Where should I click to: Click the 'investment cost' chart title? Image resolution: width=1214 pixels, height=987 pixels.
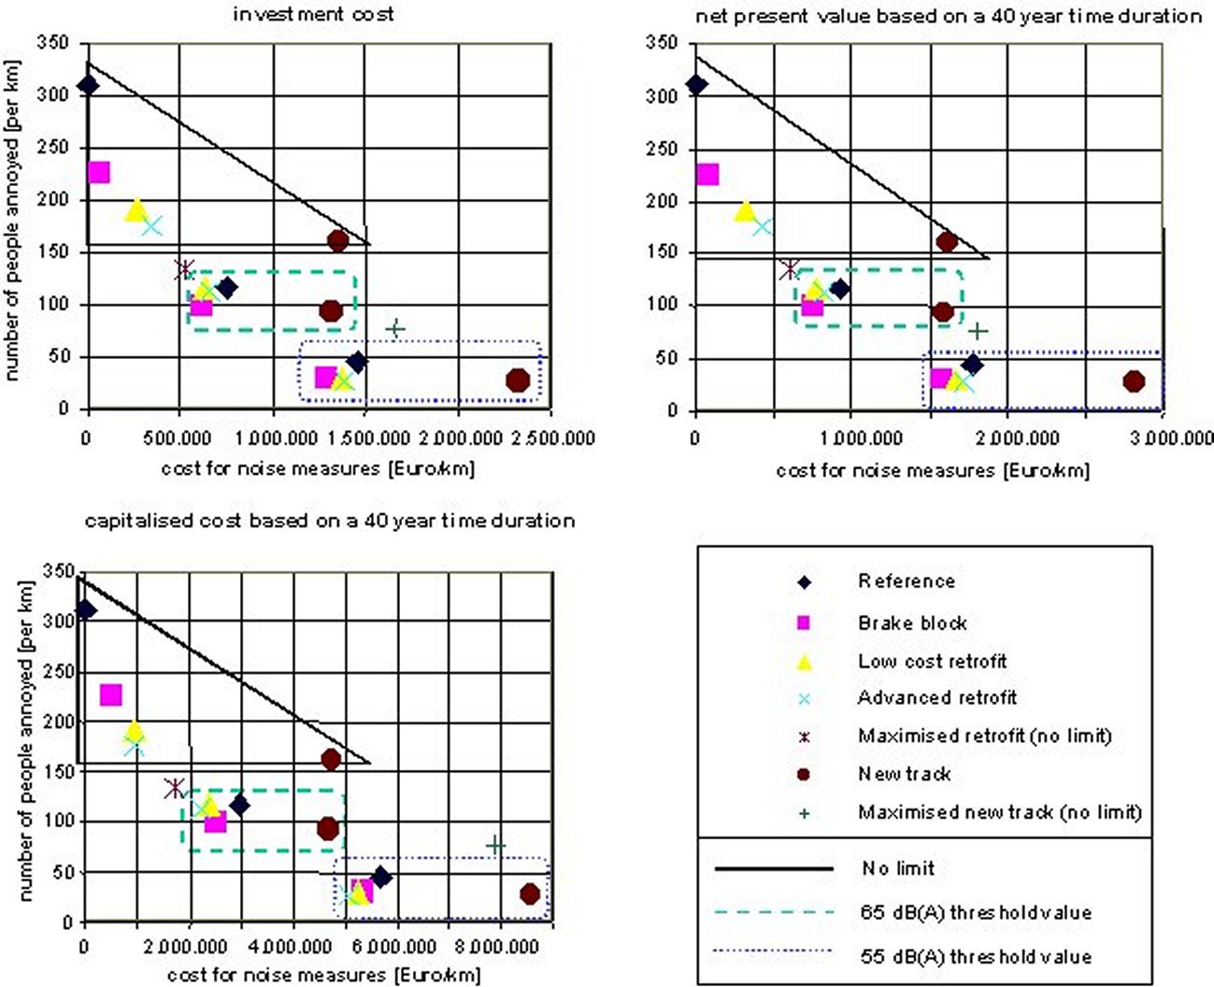(x=314, y=14)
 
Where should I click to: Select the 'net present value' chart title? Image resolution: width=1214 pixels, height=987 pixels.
(x=948, y=16)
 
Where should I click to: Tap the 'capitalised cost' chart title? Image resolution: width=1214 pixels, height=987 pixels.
(x=330, y=521)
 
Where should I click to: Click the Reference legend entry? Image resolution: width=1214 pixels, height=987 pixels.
(x=906, y=581)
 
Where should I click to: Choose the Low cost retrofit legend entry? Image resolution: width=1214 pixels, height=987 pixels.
(x=932, y=662)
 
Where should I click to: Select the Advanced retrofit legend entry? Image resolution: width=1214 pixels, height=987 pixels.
(x=936, y=697)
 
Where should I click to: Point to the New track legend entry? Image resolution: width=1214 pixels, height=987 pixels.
(x=904, y=774)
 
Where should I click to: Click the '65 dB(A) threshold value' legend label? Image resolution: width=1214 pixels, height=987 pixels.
(x=975, y=912)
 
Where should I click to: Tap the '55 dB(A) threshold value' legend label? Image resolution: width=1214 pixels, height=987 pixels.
(x=975, y=956)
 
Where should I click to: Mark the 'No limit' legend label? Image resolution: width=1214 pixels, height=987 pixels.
(x=897, y=868)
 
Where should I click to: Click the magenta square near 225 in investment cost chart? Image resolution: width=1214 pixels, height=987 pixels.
(x=98, y=172)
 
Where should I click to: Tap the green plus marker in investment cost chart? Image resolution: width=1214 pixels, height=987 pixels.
(x=395, y=328)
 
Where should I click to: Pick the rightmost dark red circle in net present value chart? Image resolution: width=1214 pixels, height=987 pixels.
(x=1134, y=381)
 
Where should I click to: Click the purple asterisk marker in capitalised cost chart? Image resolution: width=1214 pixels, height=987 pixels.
(x=174, y=788)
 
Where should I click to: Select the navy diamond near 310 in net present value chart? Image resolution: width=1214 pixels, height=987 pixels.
(x=695, y=85)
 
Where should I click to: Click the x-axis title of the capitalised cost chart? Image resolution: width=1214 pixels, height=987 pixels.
(x=323, y=975)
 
